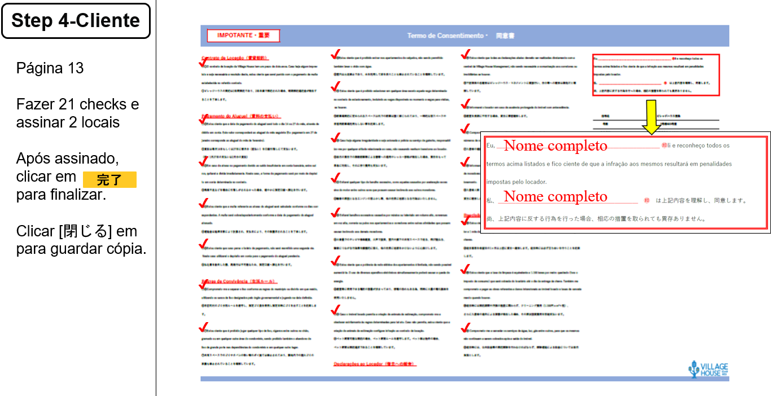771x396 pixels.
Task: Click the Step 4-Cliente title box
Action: [76, 21]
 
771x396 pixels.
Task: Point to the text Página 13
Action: [50, 68]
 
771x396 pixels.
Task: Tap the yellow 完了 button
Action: [109, 180]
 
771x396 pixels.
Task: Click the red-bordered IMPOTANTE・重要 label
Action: [243, 36]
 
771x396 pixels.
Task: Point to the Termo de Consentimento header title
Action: [446, 36]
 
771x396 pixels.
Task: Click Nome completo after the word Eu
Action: [555, 146]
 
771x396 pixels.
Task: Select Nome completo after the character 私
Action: [555, 196]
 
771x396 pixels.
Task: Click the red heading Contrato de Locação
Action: [235, 58]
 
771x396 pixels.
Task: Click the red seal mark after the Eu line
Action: [664, 146]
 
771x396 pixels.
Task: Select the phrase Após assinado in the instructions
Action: [67, 158]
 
